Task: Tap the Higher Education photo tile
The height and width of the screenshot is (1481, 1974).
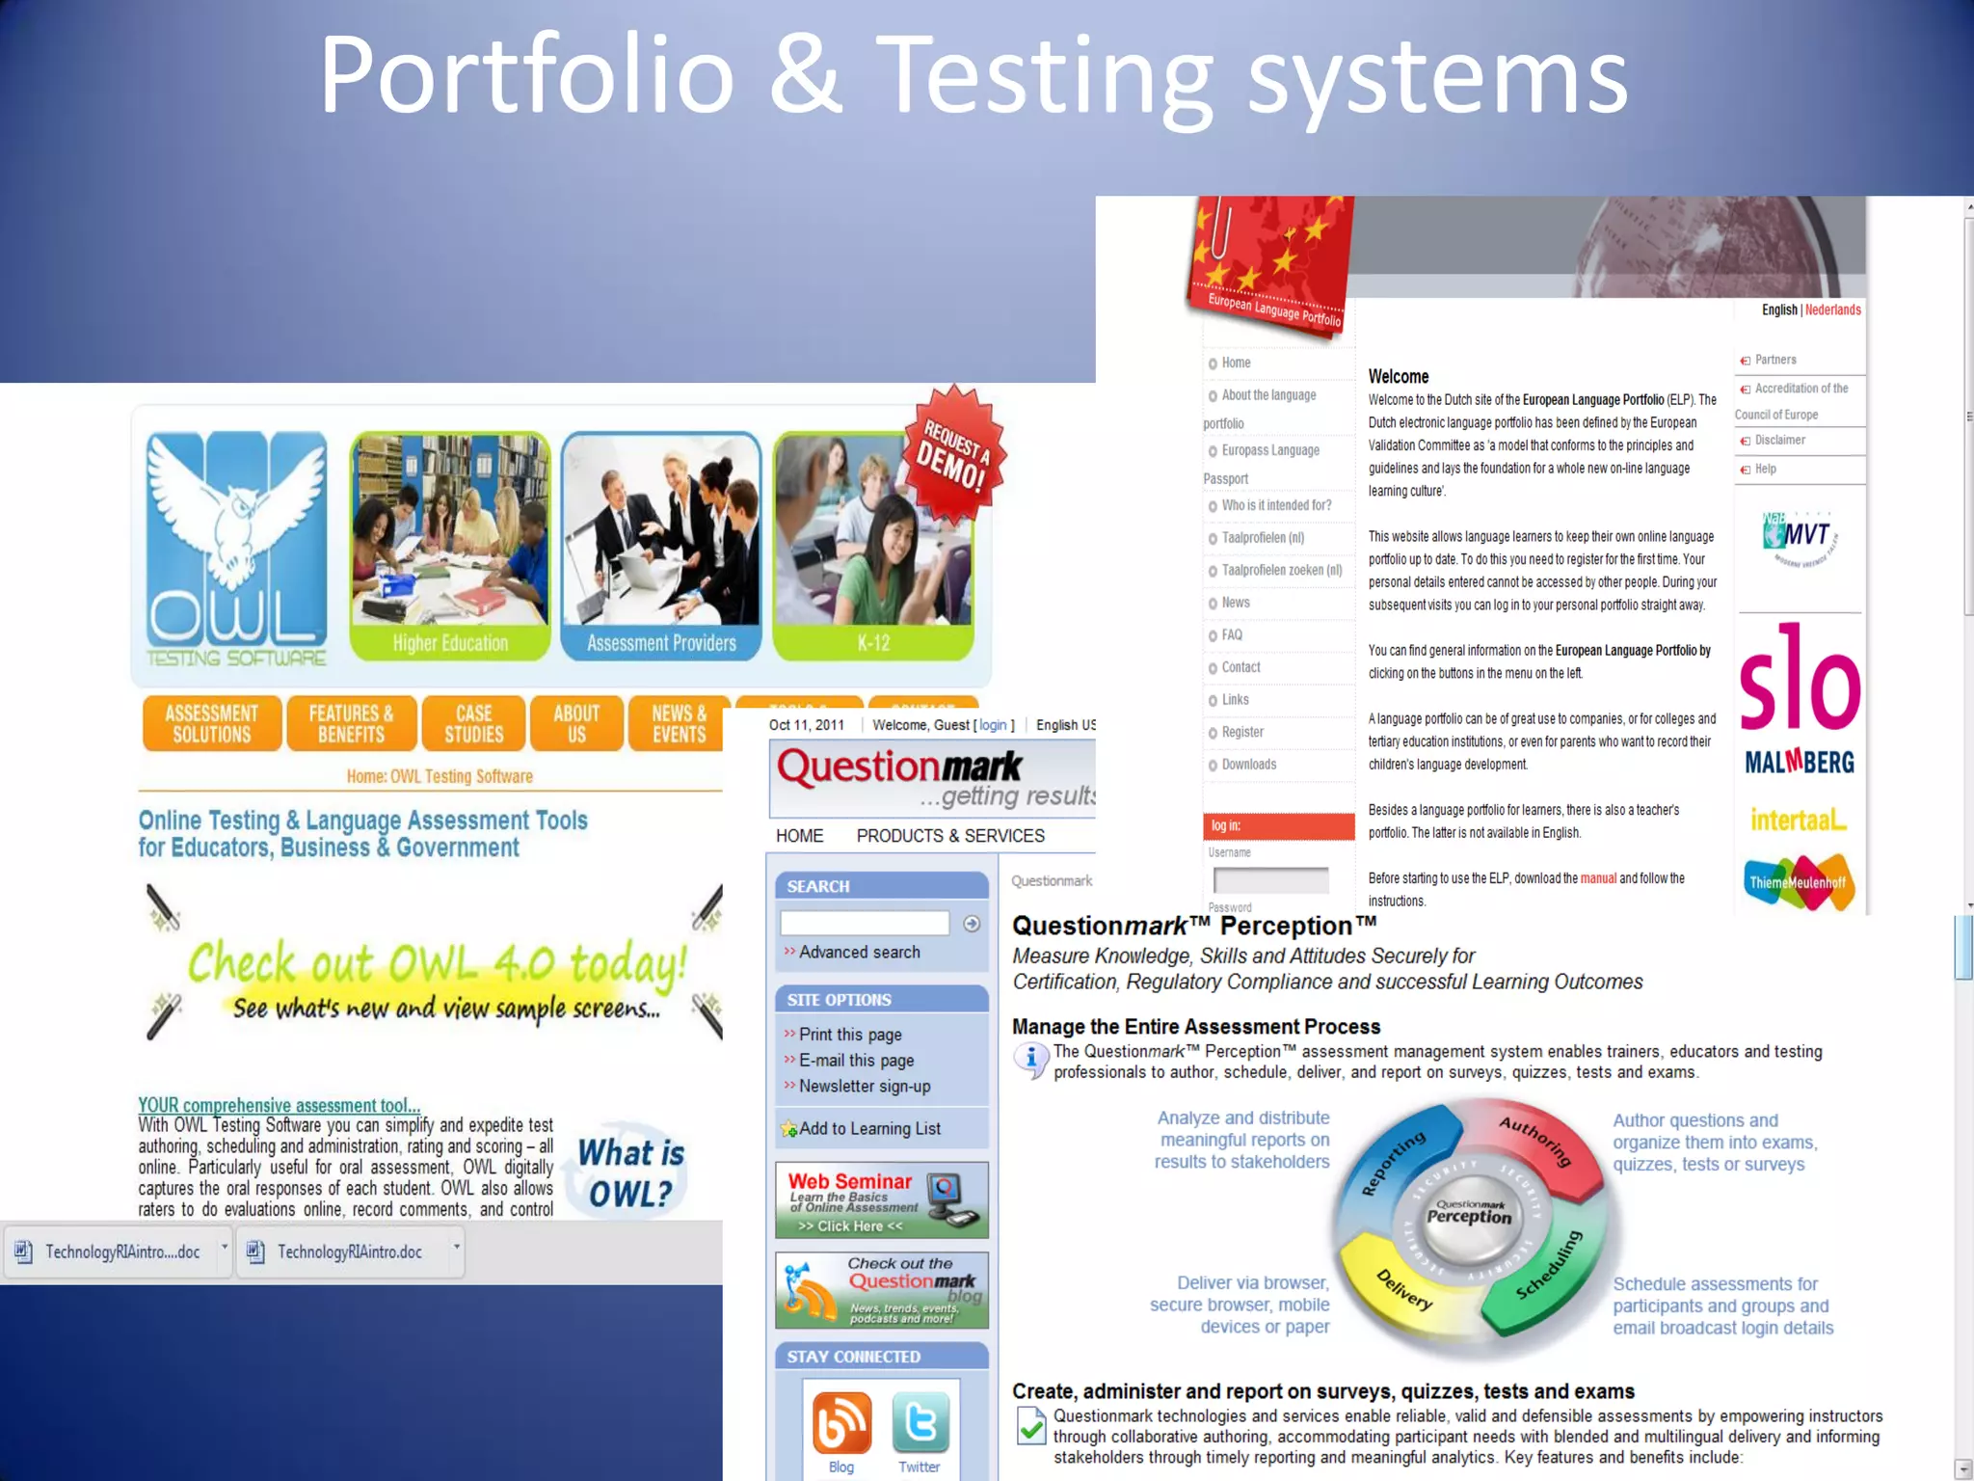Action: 449,546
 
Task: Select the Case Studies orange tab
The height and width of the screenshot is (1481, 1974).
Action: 473,723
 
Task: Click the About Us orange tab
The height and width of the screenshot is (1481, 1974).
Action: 576,723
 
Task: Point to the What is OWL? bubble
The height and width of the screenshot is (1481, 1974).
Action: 631,1172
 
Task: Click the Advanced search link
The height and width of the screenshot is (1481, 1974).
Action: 859,953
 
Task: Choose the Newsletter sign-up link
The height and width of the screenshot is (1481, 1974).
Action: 865,1087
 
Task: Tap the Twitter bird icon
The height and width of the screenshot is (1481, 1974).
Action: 920,1422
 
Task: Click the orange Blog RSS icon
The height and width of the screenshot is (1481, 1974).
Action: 841,1422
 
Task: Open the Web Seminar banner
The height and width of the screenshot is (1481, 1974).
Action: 881,1200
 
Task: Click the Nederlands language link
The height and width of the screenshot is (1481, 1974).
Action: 1832,310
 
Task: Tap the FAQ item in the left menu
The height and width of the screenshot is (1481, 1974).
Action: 1232,635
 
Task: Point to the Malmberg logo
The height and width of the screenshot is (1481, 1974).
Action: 1799,763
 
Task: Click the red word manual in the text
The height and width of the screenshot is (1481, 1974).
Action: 1598,878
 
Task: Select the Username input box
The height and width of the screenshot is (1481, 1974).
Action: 1270,880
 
